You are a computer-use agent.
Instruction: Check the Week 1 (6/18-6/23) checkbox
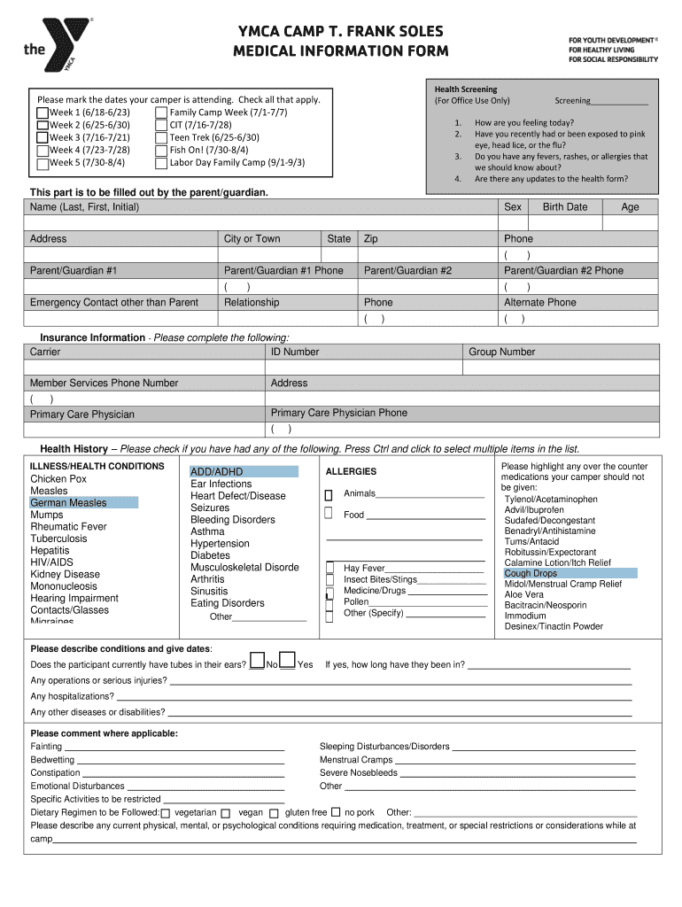coord(43,113)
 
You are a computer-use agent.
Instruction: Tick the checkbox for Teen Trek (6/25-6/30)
coord(160,138)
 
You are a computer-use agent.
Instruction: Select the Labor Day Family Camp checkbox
coord(160,163)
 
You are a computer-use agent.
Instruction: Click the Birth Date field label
coord(564,207)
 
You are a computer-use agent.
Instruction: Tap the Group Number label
coord(502,352)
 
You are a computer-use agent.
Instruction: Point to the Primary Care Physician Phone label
coord(339,413)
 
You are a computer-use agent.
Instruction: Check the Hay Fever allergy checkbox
coord(329,568)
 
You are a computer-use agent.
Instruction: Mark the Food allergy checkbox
coord(329,514)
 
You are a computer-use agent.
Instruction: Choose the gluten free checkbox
coord(275,813)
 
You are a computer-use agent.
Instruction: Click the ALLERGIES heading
coord(351,472)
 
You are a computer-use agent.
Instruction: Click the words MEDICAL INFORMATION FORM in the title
coord(341,51)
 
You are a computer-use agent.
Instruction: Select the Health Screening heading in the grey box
coord(466,89)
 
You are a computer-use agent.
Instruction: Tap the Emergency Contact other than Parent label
coord(114,303)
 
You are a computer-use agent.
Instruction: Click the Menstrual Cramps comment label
coord(356,760)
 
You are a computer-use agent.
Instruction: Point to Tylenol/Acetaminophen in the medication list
coord(551,500)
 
